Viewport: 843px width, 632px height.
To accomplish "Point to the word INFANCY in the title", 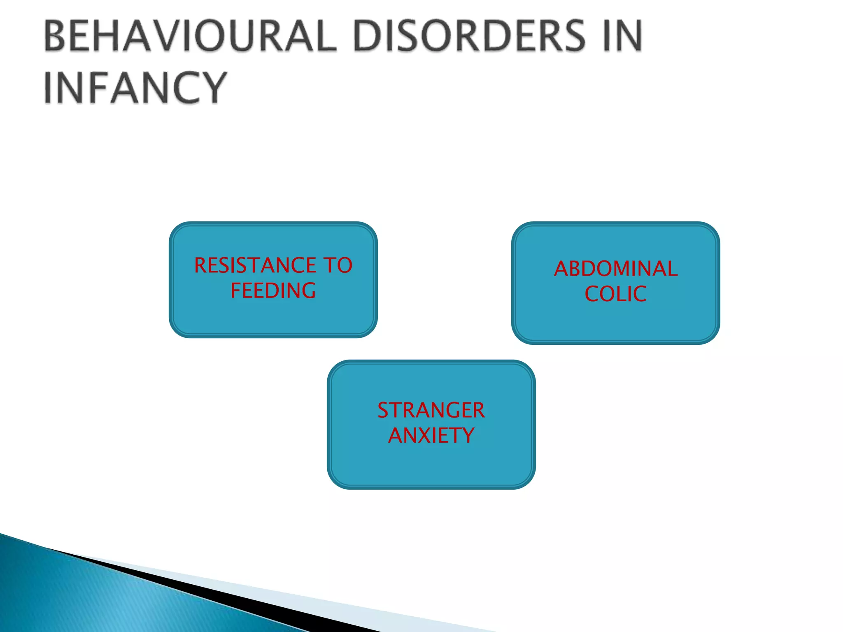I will (x=135, y=87).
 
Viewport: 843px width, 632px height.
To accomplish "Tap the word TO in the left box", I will (x=338, y=265).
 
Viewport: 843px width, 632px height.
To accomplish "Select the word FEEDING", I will (x=273, y=290).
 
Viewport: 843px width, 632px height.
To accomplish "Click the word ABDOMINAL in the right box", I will (x=615, y=269).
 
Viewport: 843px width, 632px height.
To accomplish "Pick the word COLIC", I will (x=615, y=294).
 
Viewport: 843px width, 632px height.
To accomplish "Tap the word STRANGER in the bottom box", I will (x=431, y=410).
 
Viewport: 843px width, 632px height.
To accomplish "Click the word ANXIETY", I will (x=431, y=435).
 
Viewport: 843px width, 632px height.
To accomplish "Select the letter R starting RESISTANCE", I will (x=201, y=265).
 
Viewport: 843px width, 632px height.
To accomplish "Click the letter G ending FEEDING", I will (x=307, y=290).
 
